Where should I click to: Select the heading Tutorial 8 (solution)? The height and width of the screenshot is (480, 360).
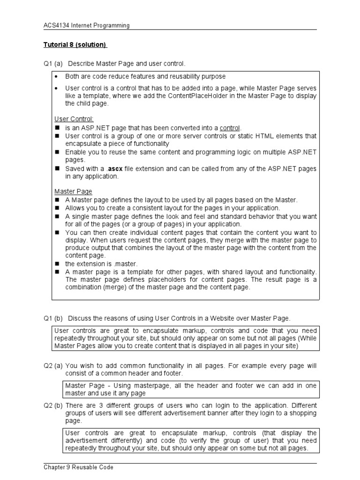[75, 45]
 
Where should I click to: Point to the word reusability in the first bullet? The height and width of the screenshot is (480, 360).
[174, 76]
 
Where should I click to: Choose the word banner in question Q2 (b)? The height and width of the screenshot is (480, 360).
[205, 413]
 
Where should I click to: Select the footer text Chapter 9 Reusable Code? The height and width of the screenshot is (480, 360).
[78, 467]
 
